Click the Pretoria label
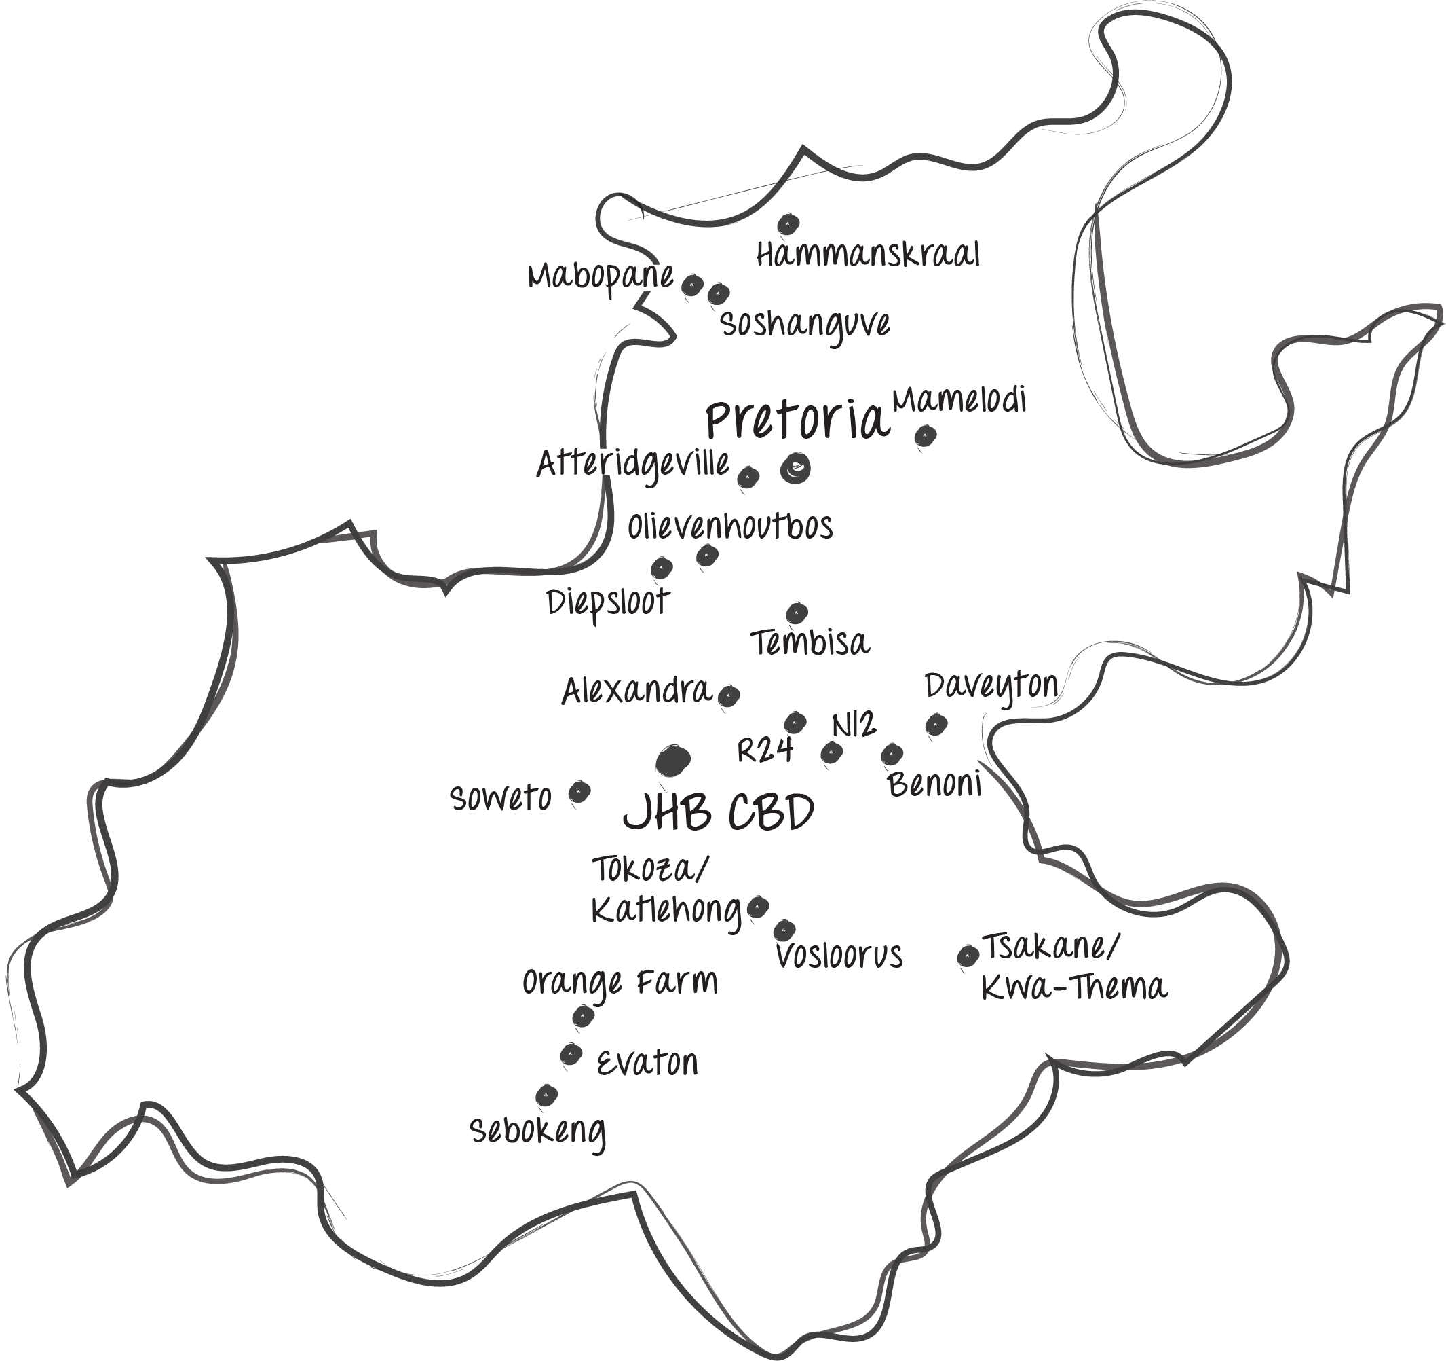[x=798, y=420]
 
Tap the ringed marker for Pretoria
[x=795, y=468]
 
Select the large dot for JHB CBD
[x=673, y=760]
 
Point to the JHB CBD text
[x=719, y=812]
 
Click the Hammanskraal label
[x=868, y=255]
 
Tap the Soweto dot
[x=579, y=791]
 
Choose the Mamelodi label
[x=959, y=400]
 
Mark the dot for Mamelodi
[x=924, y=435]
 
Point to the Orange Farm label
[x=620, y=983]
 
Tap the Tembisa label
[x=810, y=643]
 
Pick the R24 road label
[x=764, y=750]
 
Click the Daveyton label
[x=991, y=687]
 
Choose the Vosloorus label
[x=839, y=956]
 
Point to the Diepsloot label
[x=608, y=602]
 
